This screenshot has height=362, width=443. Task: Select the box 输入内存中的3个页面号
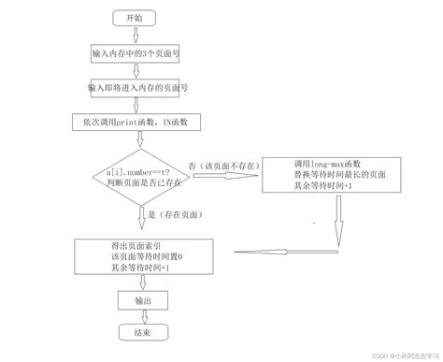point(136,54)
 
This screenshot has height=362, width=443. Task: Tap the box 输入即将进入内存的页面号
point(136,87)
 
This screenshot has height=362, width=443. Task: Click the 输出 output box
point(141,300)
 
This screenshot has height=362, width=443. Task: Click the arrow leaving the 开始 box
point(136,36)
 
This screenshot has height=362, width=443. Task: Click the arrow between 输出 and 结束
point(139,317)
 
